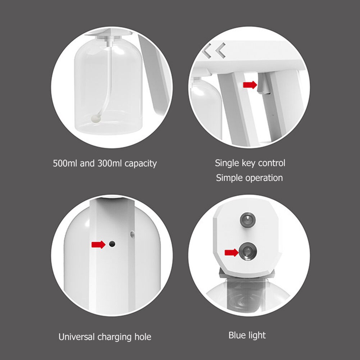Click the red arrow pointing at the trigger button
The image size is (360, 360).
250,85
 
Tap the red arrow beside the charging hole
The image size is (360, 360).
98,245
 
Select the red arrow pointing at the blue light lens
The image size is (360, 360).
231,252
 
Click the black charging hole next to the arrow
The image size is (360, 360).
112,244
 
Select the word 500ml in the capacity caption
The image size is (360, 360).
65,163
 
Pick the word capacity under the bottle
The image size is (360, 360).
141,164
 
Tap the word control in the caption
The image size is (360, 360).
271,163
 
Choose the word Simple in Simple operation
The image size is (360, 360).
229,178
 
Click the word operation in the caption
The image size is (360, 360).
264,178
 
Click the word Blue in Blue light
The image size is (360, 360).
237,335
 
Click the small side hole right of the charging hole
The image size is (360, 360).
132,234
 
